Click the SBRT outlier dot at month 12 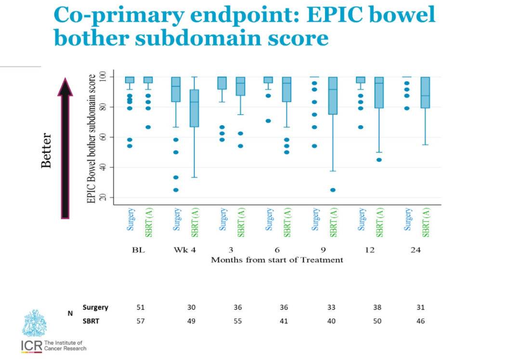point(379,160)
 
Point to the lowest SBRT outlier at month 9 point(333,190)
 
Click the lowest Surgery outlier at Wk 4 point(176,190)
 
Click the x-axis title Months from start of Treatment point(277,260)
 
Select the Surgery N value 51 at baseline point(141,307)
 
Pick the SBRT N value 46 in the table point(421,321)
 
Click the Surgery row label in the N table point(95,307)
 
